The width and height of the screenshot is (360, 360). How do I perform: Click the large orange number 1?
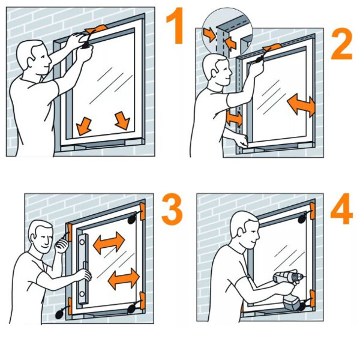coord(176,25)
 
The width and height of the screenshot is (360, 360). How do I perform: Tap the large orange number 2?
coord(341,44)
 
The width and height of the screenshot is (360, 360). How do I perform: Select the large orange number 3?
coord(172,209)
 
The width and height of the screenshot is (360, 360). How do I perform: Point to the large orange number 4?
coord(341,208)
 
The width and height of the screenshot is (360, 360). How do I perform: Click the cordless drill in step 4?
coord(289,289)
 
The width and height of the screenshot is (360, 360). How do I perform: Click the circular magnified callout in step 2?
coord(227,33)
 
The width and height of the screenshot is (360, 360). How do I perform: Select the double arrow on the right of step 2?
coord(301,106)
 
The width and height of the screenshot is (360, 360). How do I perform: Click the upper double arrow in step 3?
coord(109,242)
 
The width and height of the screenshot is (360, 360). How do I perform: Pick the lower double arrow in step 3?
coord(124,279)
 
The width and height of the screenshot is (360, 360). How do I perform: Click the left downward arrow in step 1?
coord(83,126)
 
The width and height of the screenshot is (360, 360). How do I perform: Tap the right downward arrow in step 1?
coord(122,121)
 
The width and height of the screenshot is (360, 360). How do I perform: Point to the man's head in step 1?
coord(34,58)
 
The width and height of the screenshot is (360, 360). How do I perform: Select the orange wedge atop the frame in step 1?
coord(96,29)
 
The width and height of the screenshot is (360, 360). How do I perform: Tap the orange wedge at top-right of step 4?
coord(312,211)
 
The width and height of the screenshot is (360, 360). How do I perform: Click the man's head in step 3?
coord(41,236)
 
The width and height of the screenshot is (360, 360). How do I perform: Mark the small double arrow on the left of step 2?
coord(234,118)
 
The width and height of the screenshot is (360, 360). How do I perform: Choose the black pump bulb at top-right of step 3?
coord(133,219)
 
